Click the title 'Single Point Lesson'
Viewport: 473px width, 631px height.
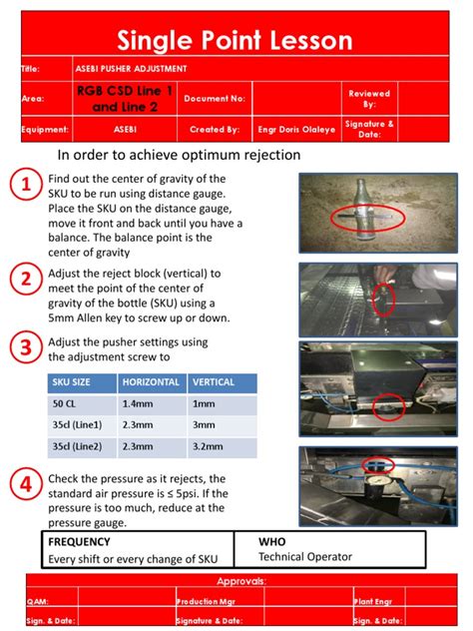(x=236, y=41)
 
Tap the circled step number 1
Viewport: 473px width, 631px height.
(x=23, y=186)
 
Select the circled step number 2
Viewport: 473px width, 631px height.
(x=23, y=280)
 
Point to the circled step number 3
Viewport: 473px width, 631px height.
(x=23, y=347)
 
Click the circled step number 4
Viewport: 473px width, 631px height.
(x=23, y=485)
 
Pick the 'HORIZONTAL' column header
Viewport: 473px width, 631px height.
(x=151, y=382)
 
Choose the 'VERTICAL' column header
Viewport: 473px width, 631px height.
(x=214, y=382)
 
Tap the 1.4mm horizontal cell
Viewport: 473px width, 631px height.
(x=138, y=403)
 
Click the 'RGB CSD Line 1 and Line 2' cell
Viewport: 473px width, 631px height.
(x=124, y=98)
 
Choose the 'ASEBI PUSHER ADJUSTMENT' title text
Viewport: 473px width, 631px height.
(x=130, y=69)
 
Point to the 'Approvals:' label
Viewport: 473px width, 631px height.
(x=236, y=581)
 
